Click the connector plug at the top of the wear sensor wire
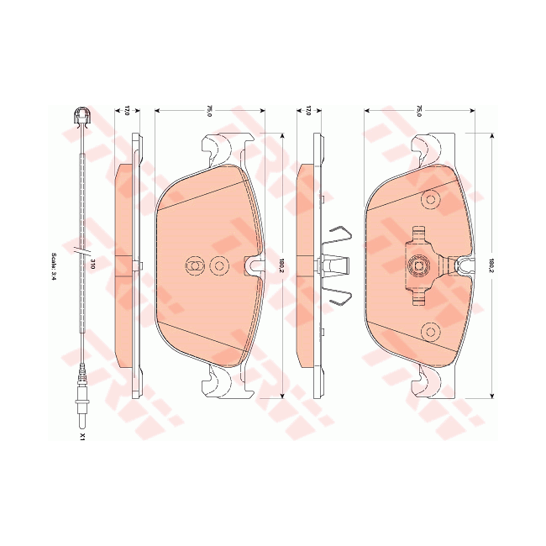coord(81,117)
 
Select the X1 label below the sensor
coord(82,437)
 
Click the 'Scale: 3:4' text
coord(53,266)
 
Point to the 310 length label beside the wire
coord(92,265)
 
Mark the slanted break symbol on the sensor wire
coord(81,251)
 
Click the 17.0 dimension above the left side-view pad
coord(128,110)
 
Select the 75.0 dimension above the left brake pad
coord(209,110)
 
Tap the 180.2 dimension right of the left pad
coord(282,265)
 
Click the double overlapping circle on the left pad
coord(193,265)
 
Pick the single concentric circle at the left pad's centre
coord(219,265)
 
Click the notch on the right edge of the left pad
coord(251,265)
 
